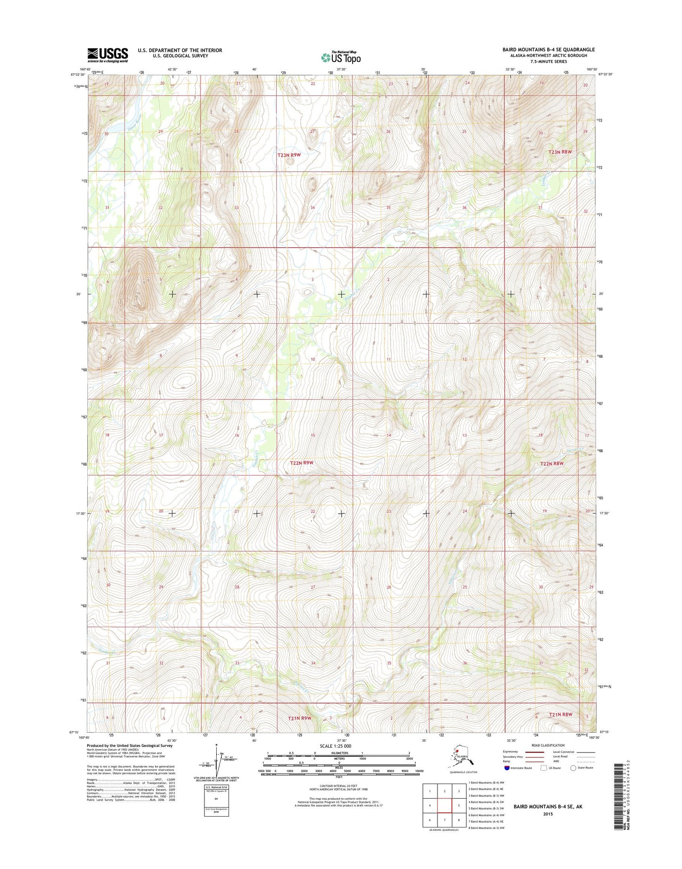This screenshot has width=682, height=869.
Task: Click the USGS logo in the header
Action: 107,55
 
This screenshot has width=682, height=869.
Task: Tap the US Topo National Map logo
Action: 341,57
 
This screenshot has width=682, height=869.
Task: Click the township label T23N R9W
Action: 289,155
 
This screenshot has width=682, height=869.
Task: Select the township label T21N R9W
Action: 299,718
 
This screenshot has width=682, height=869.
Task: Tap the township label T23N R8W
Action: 560,152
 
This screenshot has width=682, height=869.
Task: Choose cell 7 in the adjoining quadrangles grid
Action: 444,819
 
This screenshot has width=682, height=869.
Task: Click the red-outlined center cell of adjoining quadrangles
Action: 444,805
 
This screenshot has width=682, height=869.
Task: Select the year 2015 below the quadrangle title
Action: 547,814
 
